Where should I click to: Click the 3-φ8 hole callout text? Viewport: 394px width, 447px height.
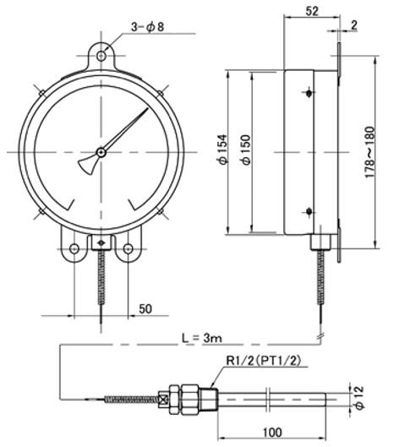click(x=147, y=27)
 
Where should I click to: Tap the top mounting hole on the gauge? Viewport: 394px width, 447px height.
click(x=101, y=56)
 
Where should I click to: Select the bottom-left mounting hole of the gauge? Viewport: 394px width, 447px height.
click(x=74, y=249)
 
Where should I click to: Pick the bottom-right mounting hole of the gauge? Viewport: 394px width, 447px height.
click(x=128, y=249)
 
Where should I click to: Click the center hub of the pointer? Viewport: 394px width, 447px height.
click(x=101, y=152)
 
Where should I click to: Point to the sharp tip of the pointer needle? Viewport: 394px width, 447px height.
click(x=148, y=108)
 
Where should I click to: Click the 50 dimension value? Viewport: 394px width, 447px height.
click(x=145, y=308)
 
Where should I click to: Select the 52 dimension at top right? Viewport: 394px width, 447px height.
click(x=312, y=11)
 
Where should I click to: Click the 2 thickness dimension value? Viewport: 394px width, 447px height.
click(x=353, y=25)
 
